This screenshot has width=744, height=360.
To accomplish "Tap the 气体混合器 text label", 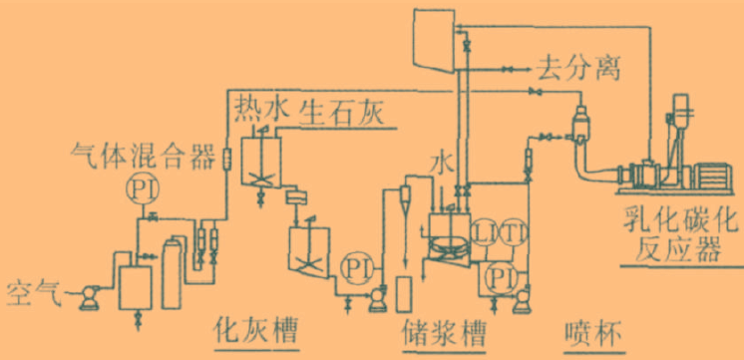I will tap(143, 155).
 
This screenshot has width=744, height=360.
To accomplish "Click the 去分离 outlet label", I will tap(578, 69).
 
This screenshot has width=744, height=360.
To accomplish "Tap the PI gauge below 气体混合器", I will tap(143, 186).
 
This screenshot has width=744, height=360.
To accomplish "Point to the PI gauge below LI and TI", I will tap(499, 273).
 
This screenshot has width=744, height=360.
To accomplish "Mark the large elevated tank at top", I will tap(434, 41).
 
